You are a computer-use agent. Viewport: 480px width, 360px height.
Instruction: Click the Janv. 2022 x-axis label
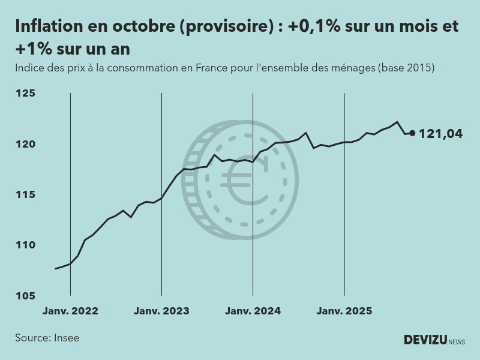[x=70, y=311]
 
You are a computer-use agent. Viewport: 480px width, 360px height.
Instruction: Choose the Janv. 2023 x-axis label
[x=161, y=311]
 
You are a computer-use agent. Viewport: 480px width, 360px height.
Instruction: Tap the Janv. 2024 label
[x=253, y=311]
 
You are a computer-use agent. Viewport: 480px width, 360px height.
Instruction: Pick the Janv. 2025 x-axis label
[x=344, y=311]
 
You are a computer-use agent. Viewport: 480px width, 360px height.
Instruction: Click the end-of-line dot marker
[x=412, y=133]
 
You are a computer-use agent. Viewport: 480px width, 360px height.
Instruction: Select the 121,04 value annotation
[x=440, y=134]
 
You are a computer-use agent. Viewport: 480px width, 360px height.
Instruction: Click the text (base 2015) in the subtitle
[x=406, y=68]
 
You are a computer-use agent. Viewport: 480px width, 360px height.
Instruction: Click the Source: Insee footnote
[x=47, y=338]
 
